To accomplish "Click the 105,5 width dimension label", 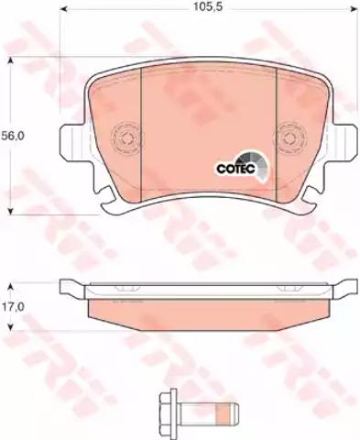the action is pyautogui.click(x=207, y=7).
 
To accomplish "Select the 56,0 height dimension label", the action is pyautogui.click(x=13, y=136).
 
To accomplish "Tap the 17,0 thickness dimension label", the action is pyautogui.click(x=13, y=306).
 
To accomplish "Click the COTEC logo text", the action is pyautogui.click(x=235, y=169).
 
